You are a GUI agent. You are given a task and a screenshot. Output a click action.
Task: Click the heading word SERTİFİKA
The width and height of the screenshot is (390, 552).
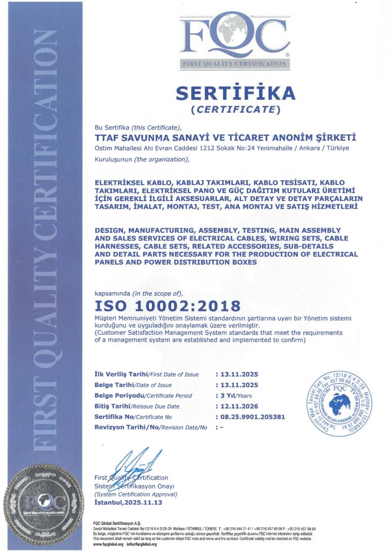[x=236, y=93]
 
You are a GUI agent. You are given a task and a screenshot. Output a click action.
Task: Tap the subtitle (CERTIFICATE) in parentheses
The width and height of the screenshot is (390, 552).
[x=236, y=110]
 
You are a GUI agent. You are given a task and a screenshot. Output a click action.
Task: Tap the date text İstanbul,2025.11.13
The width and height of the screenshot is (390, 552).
[x=128, y=502]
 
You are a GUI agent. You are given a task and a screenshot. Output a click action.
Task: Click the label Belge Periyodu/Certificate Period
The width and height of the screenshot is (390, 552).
[x=144, y=395]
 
